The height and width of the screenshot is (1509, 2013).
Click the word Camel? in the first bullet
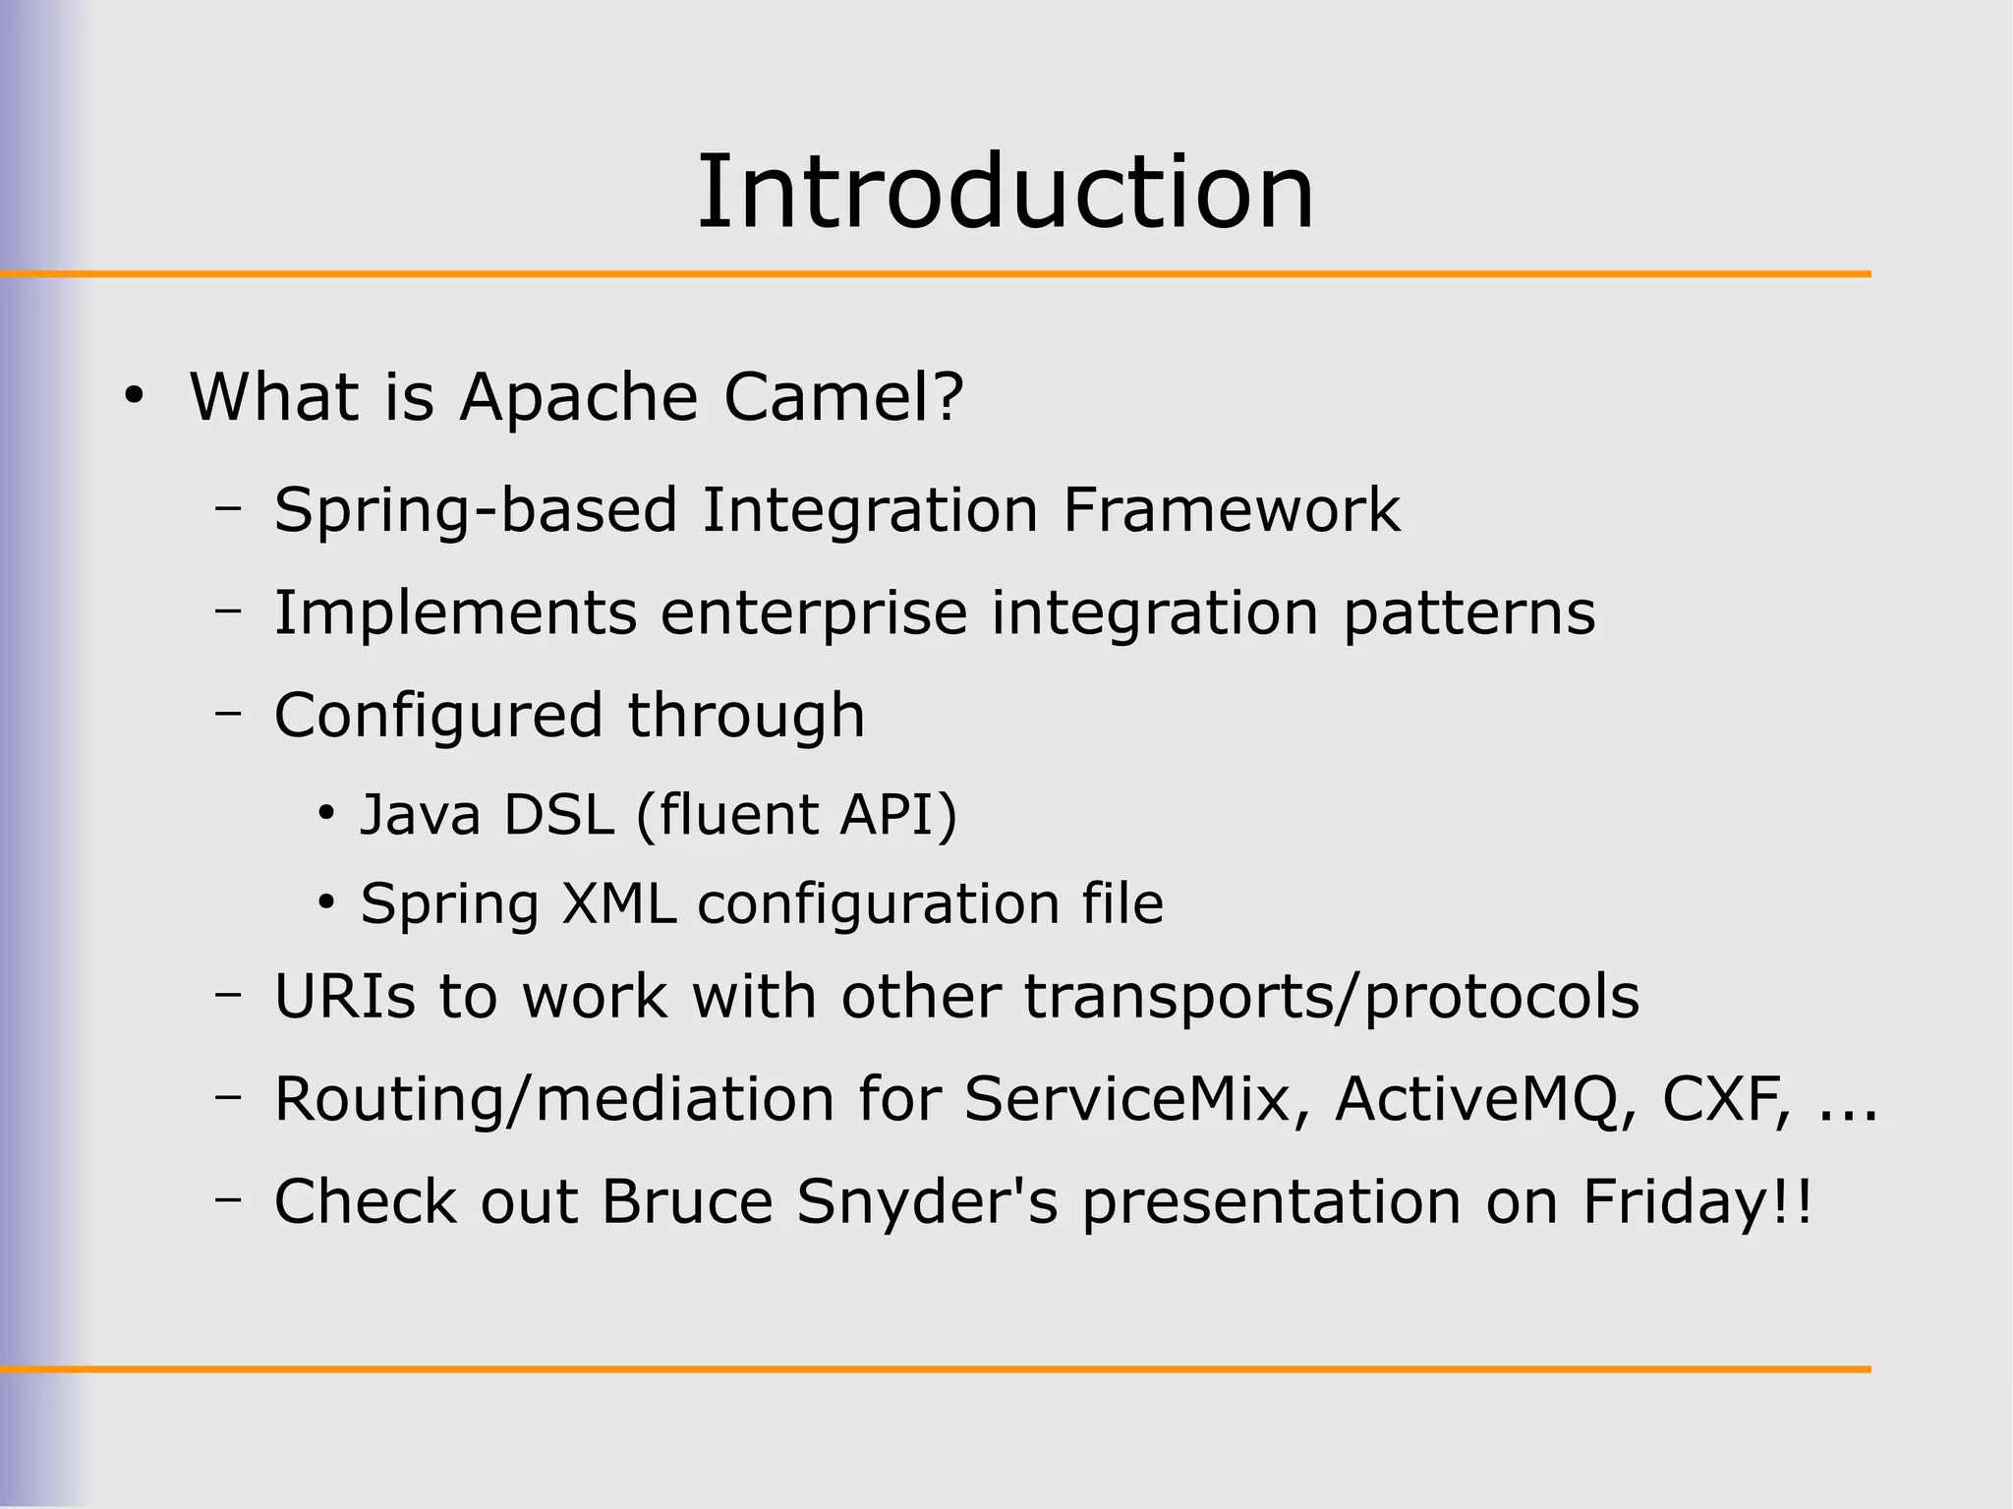coord(843,397)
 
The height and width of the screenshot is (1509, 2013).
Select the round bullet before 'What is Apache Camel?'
coord(135,397)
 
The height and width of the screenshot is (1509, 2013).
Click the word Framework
coord(1231,510)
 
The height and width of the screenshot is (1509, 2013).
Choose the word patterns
coord(1468,614)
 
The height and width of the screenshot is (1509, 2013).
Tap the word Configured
coord(438,716)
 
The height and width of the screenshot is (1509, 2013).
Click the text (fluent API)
coord(796,815)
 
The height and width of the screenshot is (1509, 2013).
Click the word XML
coord(618,903)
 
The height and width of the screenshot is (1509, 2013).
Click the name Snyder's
coord(927,1202)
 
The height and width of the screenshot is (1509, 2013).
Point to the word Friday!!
coord(1697,1202)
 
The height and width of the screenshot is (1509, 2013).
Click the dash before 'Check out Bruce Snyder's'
coord(229,1199)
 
